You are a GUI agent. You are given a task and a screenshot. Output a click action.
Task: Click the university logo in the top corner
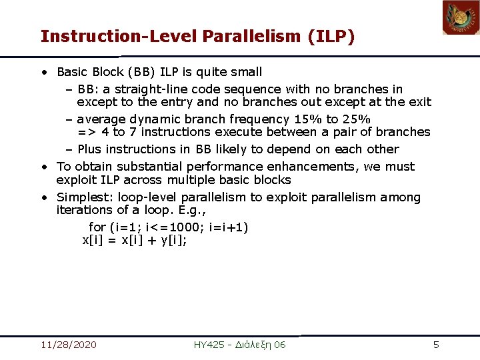[461, 17]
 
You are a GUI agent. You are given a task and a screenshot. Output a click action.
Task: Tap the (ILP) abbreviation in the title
[331, 36]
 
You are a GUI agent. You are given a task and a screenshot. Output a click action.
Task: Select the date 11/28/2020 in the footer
[68, 345]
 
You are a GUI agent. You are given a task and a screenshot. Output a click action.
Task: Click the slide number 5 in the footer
[436, 345]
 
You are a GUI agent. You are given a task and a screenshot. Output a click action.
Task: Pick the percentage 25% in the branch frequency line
[355, 119]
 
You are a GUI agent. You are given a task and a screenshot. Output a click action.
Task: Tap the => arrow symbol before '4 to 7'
[85, 132]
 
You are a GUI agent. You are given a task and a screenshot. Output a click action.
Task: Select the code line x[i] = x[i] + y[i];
[134, 241]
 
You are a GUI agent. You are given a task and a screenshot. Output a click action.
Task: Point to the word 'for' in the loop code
[97, 227]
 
